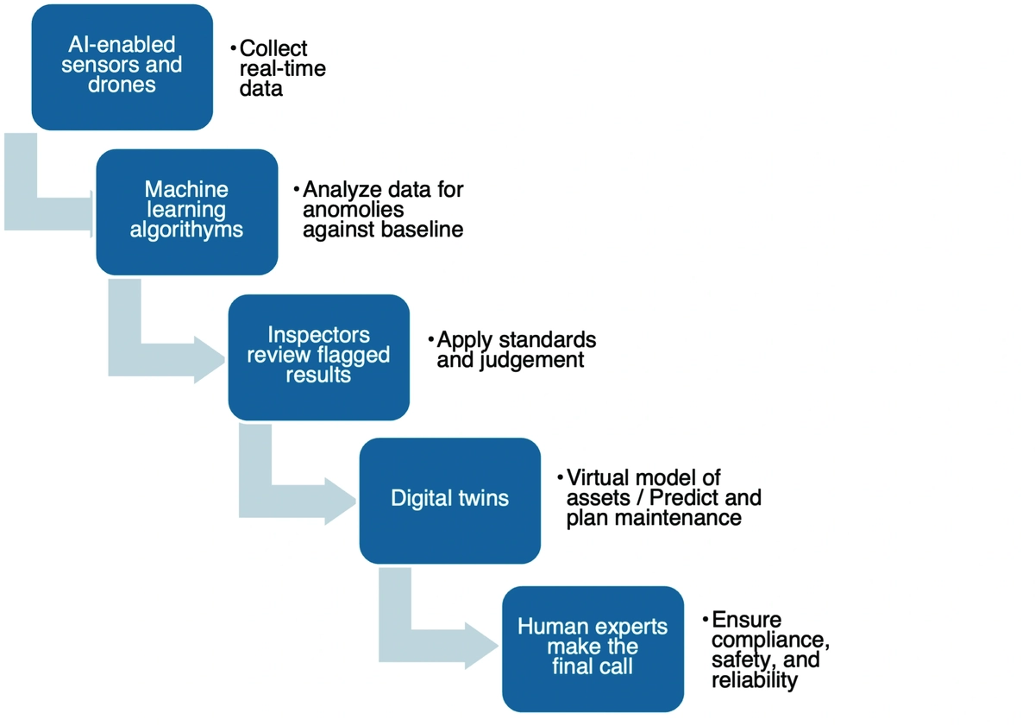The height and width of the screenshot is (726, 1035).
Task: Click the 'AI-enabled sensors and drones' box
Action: tap(122, 67)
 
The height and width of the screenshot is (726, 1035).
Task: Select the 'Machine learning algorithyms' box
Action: tap(186, 211)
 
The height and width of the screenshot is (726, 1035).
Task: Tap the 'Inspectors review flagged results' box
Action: tap(318, 357)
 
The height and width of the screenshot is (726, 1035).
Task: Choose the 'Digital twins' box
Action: tap(449, 500)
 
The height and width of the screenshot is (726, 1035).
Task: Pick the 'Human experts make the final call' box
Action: tap(592, 648)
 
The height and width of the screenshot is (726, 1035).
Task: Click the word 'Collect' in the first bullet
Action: tap(273, 48)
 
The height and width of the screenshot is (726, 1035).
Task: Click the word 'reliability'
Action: tap(755, 680)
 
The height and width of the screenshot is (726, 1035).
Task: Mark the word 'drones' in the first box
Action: tap(122, 85)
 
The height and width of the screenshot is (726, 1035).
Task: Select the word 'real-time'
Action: tap(283, 68)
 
